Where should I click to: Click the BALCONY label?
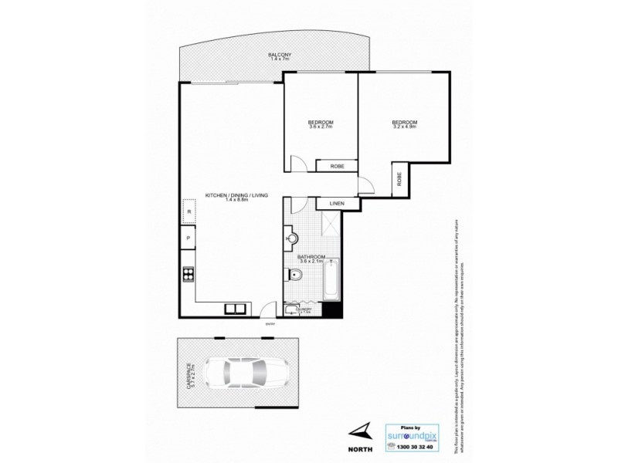tap(280, 56)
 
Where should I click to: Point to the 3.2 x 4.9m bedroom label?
tap(404, 124)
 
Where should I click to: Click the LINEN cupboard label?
tap(336, 204)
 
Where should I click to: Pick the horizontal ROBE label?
tap(338, 166)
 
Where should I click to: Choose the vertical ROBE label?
tap(399, 180)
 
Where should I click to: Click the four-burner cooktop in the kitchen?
tap(187, 273)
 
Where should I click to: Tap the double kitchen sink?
tap(236, 309)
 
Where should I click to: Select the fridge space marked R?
tap(187, 211)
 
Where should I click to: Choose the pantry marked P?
tap(187, 238)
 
